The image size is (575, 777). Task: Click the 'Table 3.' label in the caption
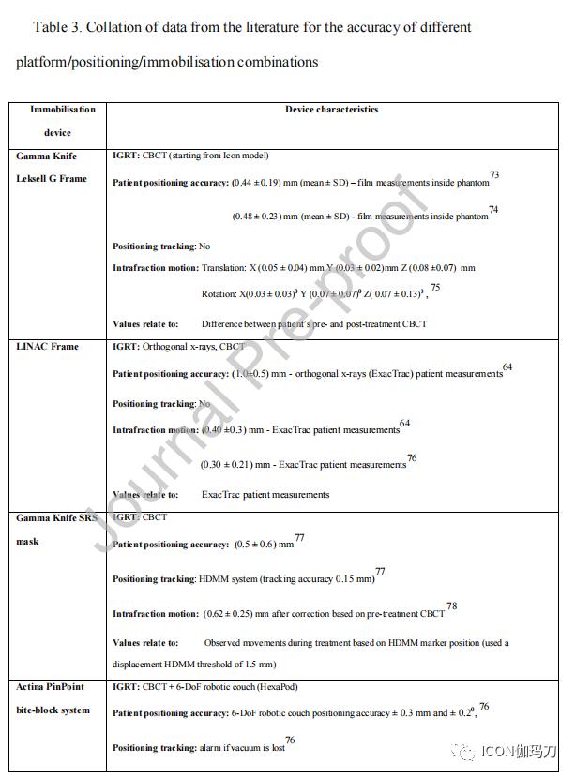55,27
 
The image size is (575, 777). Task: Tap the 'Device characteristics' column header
331,110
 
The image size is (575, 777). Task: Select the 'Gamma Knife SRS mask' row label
55,529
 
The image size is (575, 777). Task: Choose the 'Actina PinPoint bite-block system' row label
55,699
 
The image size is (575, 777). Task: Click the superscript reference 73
494,175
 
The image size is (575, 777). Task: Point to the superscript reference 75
435,288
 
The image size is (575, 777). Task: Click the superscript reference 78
451,606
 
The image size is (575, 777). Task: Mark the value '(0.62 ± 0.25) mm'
239,614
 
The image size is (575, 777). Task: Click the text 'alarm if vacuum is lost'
240,748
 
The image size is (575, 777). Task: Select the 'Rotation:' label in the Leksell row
219,294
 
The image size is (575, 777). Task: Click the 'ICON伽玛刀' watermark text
518,752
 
